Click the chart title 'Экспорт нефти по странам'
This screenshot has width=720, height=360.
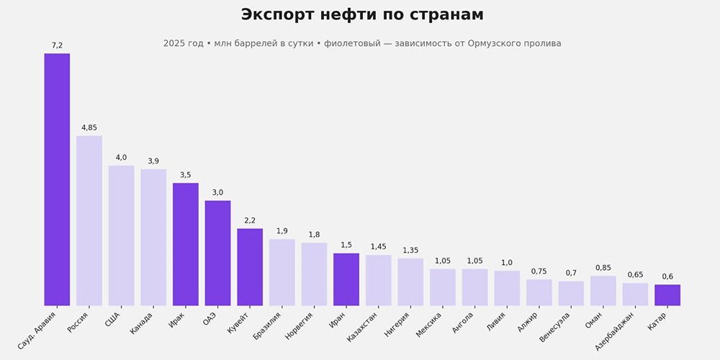click(361, 15)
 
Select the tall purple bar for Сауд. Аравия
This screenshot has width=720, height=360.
click(57, 180)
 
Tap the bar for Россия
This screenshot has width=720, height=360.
click(89, 220)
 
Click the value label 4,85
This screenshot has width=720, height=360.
click(89, 127)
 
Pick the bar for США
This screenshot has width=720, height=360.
click(121, 235)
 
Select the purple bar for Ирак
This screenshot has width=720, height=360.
click(186, 244)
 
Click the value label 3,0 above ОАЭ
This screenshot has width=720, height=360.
click(217, 192)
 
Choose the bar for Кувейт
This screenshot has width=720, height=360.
click(250, 267)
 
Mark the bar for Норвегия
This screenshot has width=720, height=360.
click(314, 274)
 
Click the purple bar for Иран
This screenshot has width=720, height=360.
click(346, 279)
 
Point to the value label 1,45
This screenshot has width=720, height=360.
click(378, 247)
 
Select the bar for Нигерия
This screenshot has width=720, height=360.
click(410, 282)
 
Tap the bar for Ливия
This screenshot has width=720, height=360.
click(507, 288)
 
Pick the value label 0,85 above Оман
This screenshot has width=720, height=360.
click(603, 268)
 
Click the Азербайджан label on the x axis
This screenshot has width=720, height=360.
click(615, 330)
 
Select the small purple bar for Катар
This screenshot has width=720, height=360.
click(667, 295)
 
